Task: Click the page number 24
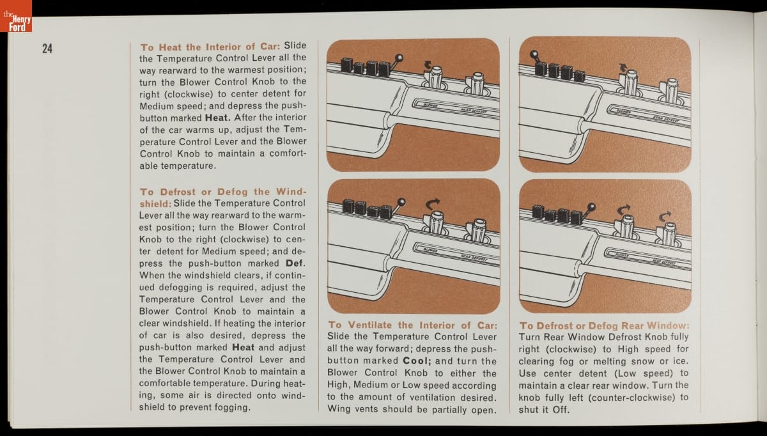(47, 49)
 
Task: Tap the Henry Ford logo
(16, 16)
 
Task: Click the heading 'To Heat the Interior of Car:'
(210, 47)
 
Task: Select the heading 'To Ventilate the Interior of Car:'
(413, 325)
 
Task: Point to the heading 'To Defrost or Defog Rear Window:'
(605, 325)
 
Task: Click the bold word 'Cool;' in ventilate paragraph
(417, 361)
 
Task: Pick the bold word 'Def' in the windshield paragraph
(295, 263)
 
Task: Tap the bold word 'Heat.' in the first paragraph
(218, 118)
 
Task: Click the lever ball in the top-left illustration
(399, 58)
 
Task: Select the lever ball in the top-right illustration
(534, 54)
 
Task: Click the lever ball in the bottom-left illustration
(401, 202)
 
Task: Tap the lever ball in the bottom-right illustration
(591, 206)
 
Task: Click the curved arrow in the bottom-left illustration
(432, 203)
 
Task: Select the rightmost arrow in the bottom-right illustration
(665, 216)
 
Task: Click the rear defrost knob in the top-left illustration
(477, 83)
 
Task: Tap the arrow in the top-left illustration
(428, 65)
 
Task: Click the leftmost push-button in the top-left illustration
(346, 65)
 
